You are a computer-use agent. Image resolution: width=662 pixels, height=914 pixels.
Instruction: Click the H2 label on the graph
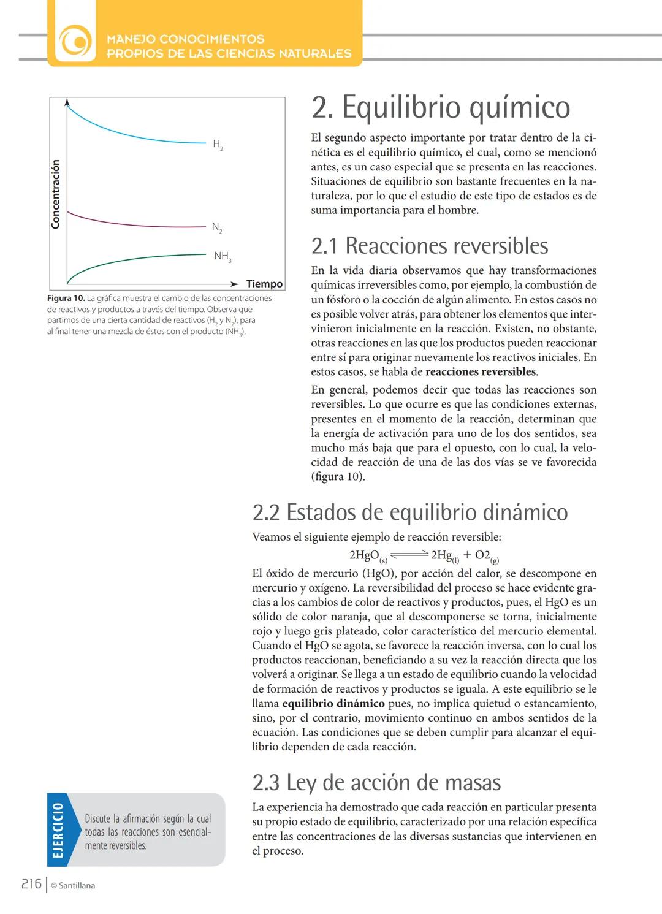point(218,145)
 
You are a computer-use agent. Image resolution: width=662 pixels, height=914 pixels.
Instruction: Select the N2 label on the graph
point(217,227)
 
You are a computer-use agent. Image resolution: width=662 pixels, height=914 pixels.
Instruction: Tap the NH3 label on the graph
point(222,256)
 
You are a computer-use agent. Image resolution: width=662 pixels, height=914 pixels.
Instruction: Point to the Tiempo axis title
point(264,284)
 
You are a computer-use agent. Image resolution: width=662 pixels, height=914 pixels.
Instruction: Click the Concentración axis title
point(56,194)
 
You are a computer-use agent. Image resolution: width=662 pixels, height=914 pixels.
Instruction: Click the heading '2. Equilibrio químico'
point(440,107)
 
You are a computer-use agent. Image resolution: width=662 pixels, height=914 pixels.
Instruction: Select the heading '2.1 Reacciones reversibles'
point(429,246)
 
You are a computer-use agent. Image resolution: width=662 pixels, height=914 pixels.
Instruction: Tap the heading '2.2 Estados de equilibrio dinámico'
point(409,512)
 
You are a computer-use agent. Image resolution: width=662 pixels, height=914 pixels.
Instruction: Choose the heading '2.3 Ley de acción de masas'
point(376,783)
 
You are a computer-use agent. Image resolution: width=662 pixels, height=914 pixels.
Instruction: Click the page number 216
point(31,884)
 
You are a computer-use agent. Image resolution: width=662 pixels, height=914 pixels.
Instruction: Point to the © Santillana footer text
point(73,886)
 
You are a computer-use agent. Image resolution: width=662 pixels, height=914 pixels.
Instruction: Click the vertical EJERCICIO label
point(58,830)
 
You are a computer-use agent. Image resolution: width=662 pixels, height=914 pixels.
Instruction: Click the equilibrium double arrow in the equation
point(409,555)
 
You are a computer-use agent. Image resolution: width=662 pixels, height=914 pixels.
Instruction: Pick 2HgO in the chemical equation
point(364,555)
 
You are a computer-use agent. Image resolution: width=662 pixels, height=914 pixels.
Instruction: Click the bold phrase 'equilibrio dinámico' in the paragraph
point(342,704)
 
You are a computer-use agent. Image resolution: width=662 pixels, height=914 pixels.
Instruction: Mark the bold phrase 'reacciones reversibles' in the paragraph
point(481,372)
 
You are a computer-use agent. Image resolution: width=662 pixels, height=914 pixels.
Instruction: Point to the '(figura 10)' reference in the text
point(338,477)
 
